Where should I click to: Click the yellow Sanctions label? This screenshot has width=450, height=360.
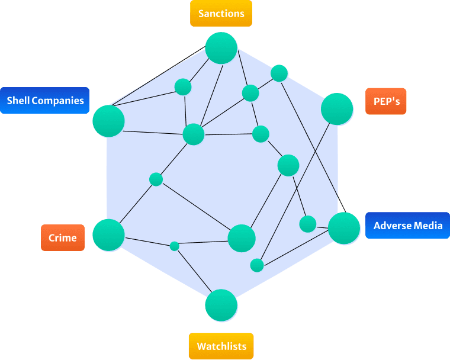pyautogui.click(x=221, y=14)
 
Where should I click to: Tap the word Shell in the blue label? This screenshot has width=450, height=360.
pyautogui.click(x=18, y=101)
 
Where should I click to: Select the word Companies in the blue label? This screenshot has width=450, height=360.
pyautogui.click(x=57, y=101)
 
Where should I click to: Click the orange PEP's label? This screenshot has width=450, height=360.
pyautogui.click(x=385, y=101)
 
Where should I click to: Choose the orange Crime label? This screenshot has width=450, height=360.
pyautogui.click(x=63, y=237)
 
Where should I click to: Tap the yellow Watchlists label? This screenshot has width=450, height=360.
pyautogui.click(x=221, y=346)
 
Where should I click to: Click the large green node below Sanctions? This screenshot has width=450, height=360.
pyautogui.click(x=221, y=48)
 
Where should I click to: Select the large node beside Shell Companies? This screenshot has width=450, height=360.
pyautogui.click(x=108, y=121)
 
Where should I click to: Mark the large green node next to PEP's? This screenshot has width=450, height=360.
pyautogui.click(x=337, y=109)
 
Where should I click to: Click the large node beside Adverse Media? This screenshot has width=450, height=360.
pyautogui.click(x=344, y=228)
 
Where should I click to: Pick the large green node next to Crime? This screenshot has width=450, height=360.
pyautogui.click(x=108, y=235)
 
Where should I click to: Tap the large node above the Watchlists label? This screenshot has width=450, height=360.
pyautogui.click(x=221, y=305)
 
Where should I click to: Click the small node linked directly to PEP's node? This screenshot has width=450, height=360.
pyautogui.click(x=257, y=265)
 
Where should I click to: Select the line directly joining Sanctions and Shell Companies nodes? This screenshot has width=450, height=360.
pyautogui.click(x=159, y=76)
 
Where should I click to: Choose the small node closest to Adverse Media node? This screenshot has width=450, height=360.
pyautogui.click(x=308, y=224)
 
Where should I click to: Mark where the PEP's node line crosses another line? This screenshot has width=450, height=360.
pyautogui.click(x=316, y=152)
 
